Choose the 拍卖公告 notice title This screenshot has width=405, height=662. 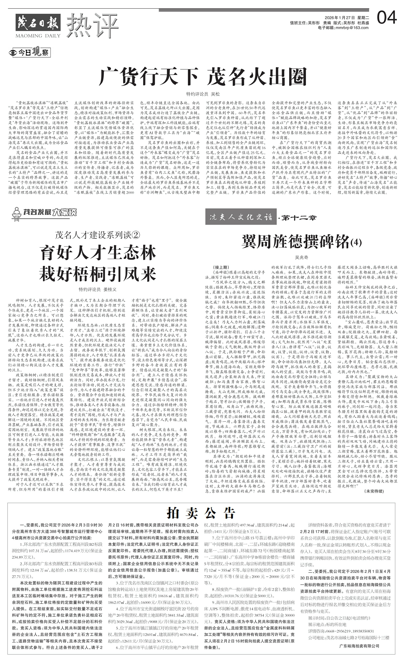pos(201,505)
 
